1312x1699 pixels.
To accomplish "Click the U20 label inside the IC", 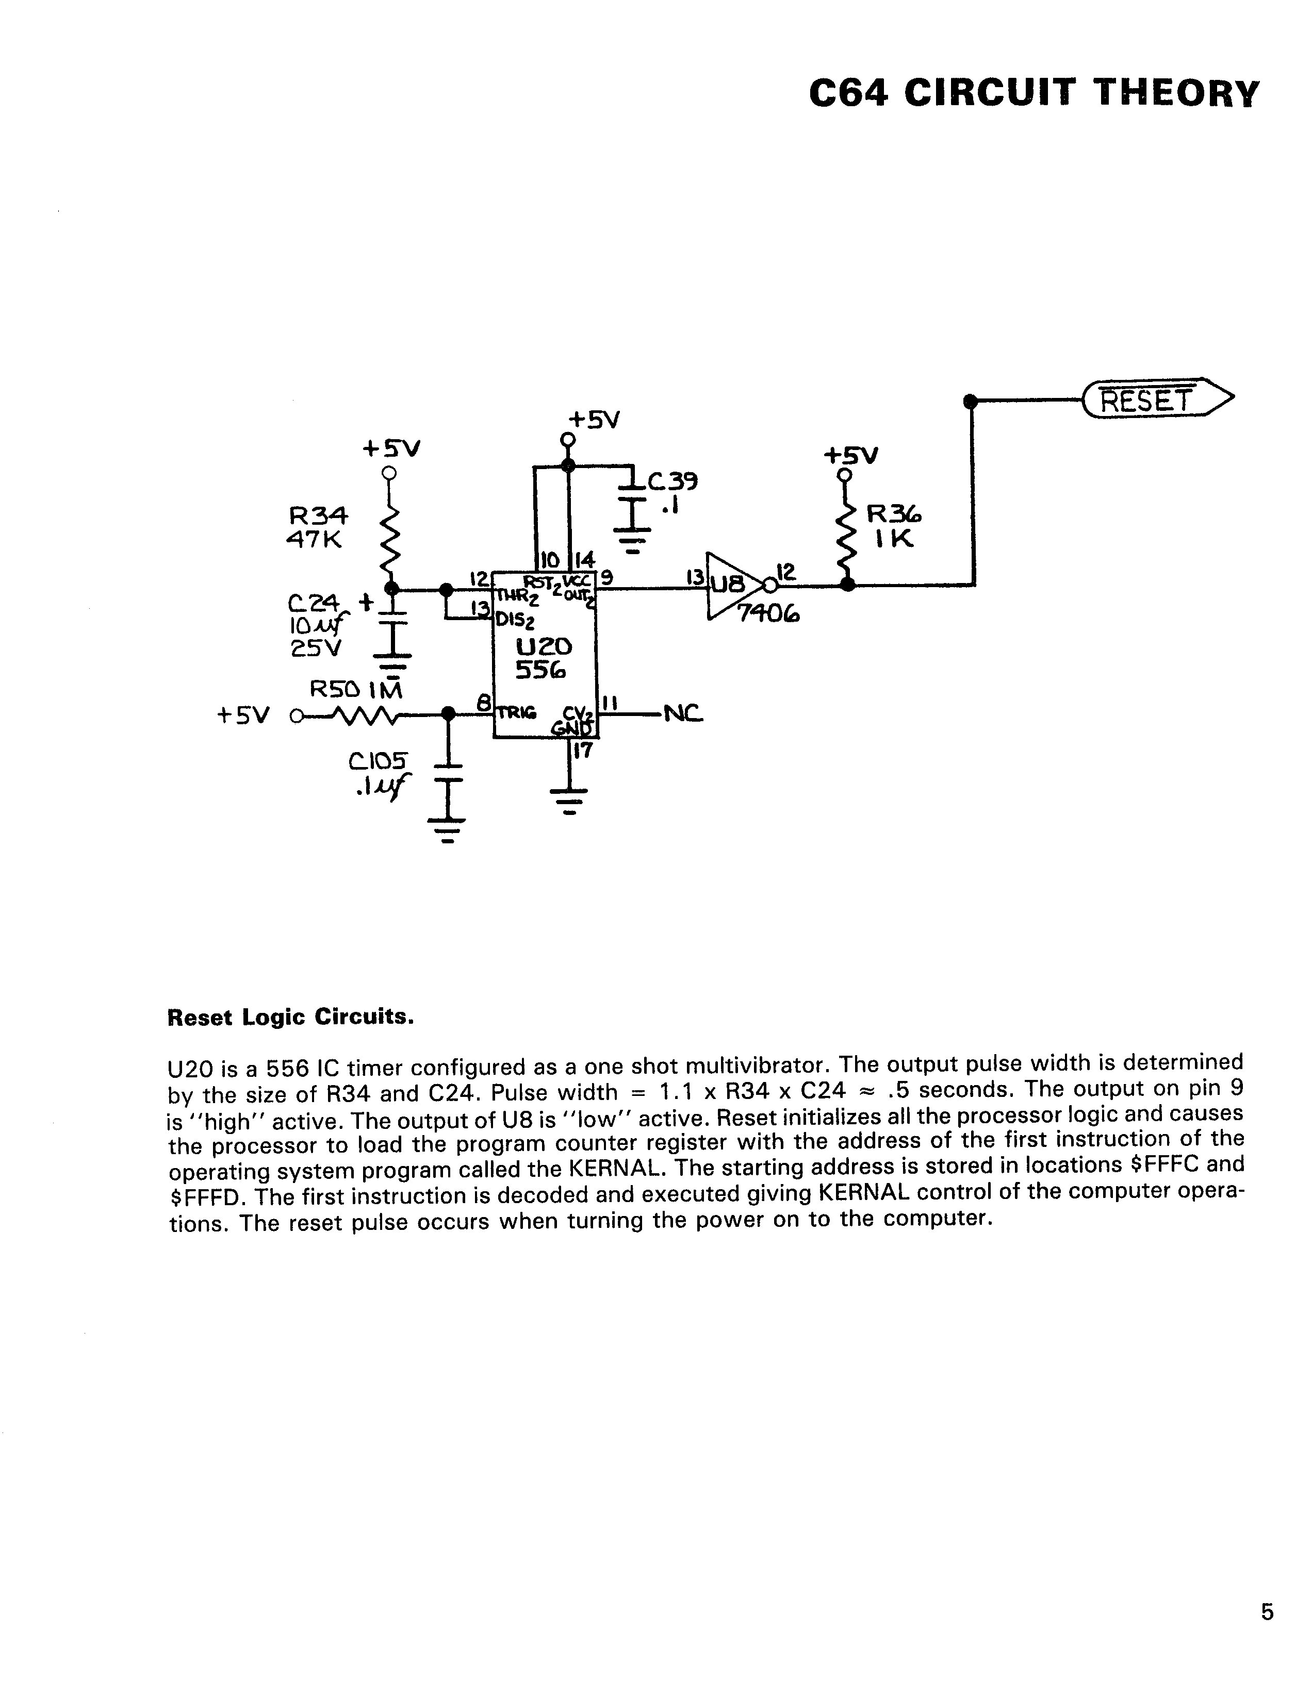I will point(544,646).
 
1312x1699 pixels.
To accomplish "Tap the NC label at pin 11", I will point(682,712).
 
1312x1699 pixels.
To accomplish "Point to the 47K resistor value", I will point(315,539).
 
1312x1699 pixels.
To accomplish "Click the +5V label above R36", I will point(850,455).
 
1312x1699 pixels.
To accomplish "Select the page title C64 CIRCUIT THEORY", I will point(1034,93).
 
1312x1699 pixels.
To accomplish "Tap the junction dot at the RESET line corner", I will point(970,401).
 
